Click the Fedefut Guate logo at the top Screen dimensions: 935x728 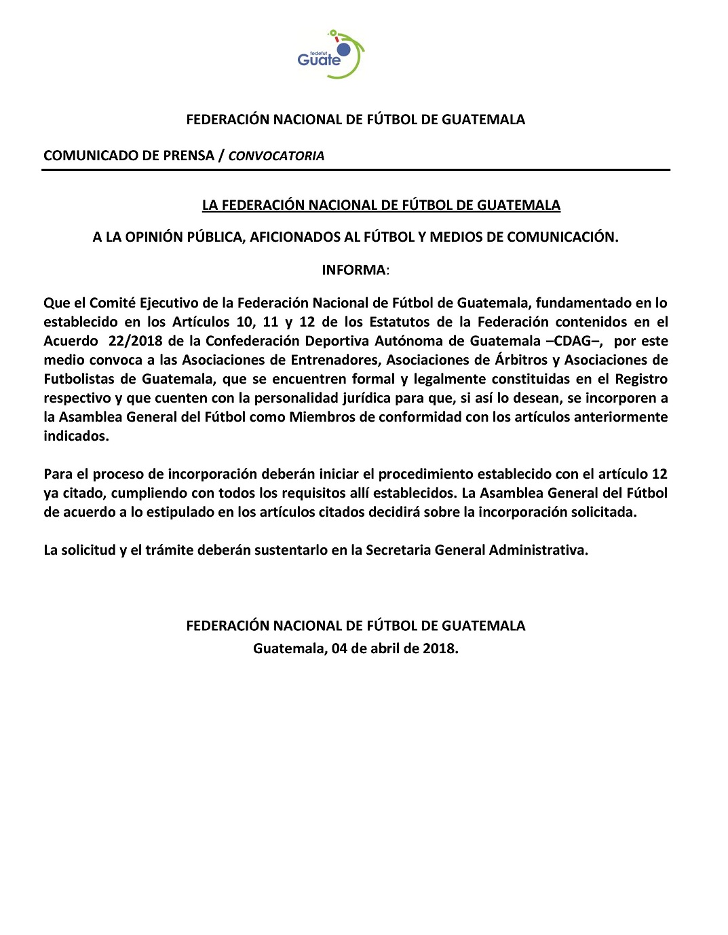330,54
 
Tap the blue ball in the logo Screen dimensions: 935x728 344,50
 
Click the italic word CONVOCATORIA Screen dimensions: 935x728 276,156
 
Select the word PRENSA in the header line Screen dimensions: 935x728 189,155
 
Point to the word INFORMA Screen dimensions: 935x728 353,270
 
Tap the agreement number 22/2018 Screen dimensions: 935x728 135,341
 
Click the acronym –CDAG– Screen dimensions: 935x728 574,341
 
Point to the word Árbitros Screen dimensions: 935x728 521,360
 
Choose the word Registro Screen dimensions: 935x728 641,379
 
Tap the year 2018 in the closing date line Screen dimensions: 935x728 438,648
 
